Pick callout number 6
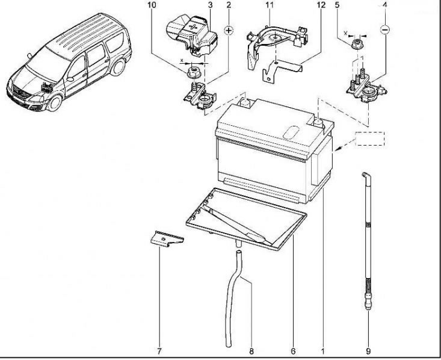[x=292, y=350]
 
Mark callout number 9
[x=368, y=350]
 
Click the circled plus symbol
[x=229, y=29]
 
